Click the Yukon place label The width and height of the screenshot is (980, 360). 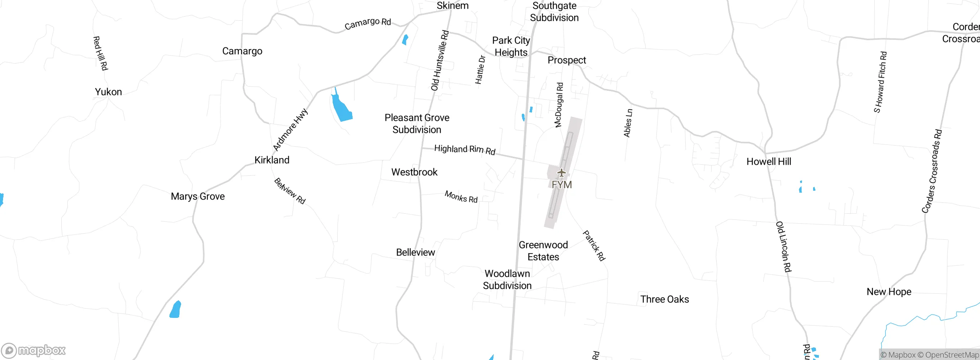(108, 92)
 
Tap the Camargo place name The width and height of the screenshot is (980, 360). (242, 51)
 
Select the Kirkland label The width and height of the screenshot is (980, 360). (272, 160)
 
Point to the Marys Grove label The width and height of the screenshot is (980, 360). (198, 196)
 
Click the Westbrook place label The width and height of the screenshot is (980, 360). (414, 172)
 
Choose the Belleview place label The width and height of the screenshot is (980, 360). (415, 252)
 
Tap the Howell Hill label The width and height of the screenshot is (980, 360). (769, 162)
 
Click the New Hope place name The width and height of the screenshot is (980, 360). (889, 292)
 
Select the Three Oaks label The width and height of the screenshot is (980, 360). (665, 299)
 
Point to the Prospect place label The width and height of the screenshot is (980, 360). (567, 60)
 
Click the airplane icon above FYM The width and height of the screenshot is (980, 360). (561, 173)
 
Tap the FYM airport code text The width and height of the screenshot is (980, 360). (562, 185)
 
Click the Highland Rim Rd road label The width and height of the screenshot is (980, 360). (465, 149)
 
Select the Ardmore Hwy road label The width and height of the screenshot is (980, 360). (290, 130)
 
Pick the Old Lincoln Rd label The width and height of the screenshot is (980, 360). (783, 247)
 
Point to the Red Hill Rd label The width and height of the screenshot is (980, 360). (100, 53)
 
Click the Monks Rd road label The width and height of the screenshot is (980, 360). (461, 197)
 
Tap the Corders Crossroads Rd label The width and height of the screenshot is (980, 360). (932, 171)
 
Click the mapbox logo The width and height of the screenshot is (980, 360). (34, 350)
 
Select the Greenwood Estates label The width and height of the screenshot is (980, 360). (543, 251)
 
